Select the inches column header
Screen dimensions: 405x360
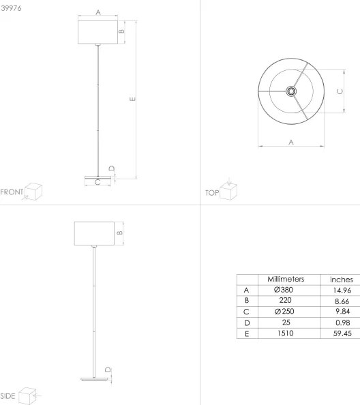tap(341, 280)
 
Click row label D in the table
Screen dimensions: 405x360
tap(245, 323)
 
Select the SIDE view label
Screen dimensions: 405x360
tap(9, 395)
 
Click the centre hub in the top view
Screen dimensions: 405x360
tap(291, 91)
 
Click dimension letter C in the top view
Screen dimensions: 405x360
tap(339, 91)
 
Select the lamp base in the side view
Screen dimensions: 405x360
tap(91, 379)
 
